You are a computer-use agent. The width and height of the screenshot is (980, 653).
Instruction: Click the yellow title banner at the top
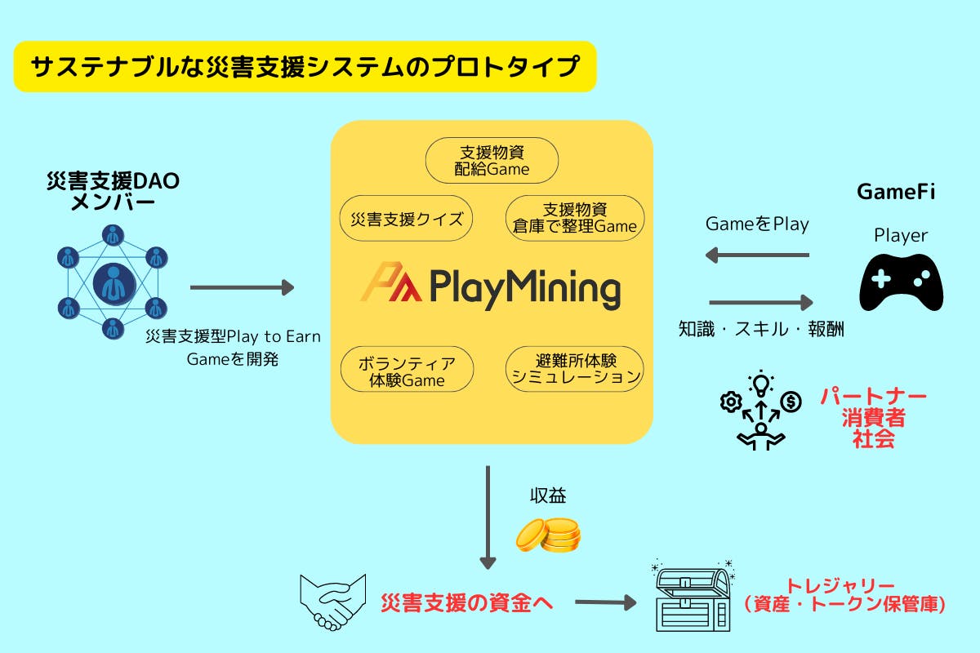(x=305, y=67)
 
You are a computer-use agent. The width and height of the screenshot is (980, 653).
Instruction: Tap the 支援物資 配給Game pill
(x=492, y=160)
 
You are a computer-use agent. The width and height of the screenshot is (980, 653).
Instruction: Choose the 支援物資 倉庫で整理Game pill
(x=575, y=218)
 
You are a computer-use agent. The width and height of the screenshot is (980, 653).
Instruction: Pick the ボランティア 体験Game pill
(x=406, y=370)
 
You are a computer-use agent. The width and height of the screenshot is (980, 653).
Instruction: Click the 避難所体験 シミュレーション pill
(x=575, y=369)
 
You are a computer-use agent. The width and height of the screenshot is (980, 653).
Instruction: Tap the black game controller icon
(x=901, y=282)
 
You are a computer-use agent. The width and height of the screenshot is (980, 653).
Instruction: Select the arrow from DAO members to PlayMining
(x=242, y=287)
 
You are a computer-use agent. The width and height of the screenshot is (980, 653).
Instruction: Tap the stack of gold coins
(x=548, y=535)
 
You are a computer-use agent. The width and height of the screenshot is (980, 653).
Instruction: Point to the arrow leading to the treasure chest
(x=605, y=603)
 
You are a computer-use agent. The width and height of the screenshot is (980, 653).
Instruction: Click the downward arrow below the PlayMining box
(x=488, y=518)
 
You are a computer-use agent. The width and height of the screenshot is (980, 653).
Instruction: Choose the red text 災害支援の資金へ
(x=467, y=603)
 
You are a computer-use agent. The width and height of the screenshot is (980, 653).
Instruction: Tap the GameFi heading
(x=895, y=193)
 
